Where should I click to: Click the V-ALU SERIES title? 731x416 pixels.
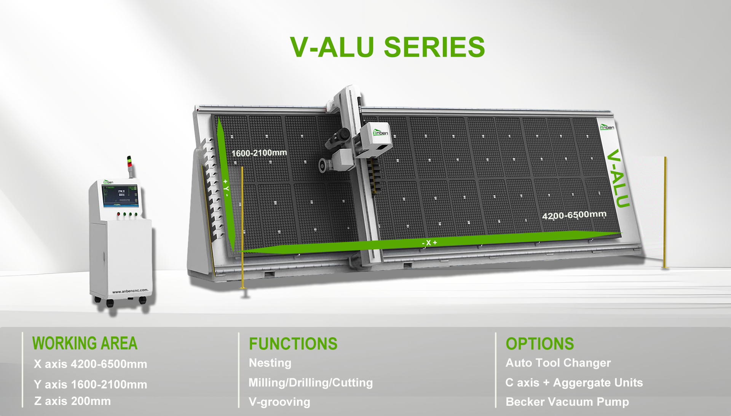coord(387,47)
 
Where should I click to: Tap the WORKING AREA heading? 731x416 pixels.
coord(85,343)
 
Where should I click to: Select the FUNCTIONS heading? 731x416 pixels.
coord(293,344)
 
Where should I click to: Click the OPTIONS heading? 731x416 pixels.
coord(539,344)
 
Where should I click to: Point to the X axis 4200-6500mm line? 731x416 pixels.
coord(90,364)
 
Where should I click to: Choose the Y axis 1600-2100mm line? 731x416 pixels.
coord(90,384)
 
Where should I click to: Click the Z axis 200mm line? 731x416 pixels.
coord(72,401)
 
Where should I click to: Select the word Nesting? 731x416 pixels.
coord(270,363)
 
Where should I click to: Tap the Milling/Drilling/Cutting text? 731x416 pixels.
coord(310,383)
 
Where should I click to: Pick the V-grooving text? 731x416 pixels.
coord(279,402)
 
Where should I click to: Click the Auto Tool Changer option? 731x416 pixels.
coord(558,363)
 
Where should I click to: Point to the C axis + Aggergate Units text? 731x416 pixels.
coord(574,383)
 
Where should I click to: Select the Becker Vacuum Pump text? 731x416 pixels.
coord(567,402)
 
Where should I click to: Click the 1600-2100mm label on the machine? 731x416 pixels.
coord(259,153)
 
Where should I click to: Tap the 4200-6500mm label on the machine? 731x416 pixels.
coord(574,215)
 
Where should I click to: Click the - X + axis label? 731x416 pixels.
coord(429,243)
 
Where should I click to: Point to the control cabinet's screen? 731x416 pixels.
coord(120,196)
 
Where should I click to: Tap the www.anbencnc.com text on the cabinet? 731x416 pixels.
coord(130,291)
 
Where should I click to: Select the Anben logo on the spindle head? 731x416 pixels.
coord(380,132)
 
